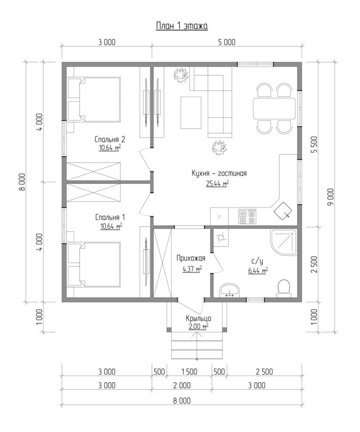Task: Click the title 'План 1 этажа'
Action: (x=182, y=26)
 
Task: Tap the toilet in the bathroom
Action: (x=284, y=289)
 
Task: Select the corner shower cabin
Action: (x=283, y=242)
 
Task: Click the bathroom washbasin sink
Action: (x=230, y=290)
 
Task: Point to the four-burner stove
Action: (x=247, y=217)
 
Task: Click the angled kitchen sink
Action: (x=283, y=210)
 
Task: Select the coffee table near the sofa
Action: (x=191, y=112)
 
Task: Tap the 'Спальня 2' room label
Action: (x=110, y=139)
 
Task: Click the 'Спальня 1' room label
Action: (x=110, y=218)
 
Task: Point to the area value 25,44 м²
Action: (x=217, y=183)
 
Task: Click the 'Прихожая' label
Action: (x=191, y=258)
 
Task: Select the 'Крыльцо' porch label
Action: (x=199, y=319)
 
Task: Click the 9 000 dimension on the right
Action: (x=331, y=197)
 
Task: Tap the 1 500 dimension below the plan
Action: (x=189, y=372)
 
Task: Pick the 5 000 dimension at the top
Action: (x=227, y=42)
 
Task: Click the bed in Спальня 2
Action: (x=94, y=100)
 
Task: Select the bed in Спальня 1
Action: (x=94, y=264)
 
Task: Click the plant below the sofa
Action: (x=219, y=148)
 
